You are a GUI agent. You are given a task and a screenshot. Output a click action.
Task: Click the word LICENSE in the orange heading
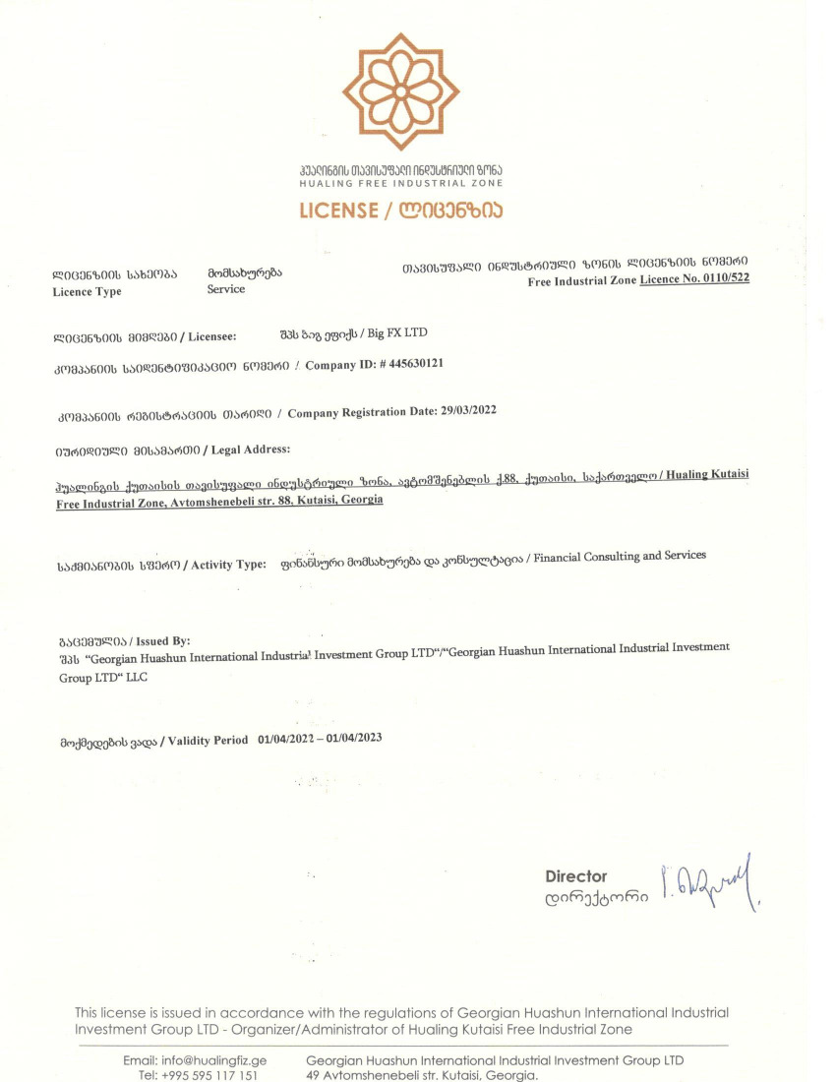click(x=338, y=210)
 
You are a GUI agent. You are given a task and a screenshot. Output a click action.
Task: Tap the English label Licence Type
click(x=88, y=292)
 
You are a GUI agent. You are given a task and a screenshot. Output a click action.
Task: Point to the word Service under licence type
click(x=226, y=289)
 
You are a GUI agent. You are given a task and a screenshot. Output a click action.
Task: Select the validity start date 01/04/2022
click(x=289, y=739)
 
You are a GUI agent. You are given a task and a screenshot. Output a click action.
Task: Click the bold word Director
click(x=576, y=876)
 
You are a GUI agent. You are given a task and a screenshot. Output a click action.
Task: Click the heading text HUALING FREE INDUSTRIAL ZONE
click(x=401, y=184)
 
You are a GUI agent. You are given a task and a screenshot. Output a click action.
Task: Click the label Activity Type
click(x=229, y=565)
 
